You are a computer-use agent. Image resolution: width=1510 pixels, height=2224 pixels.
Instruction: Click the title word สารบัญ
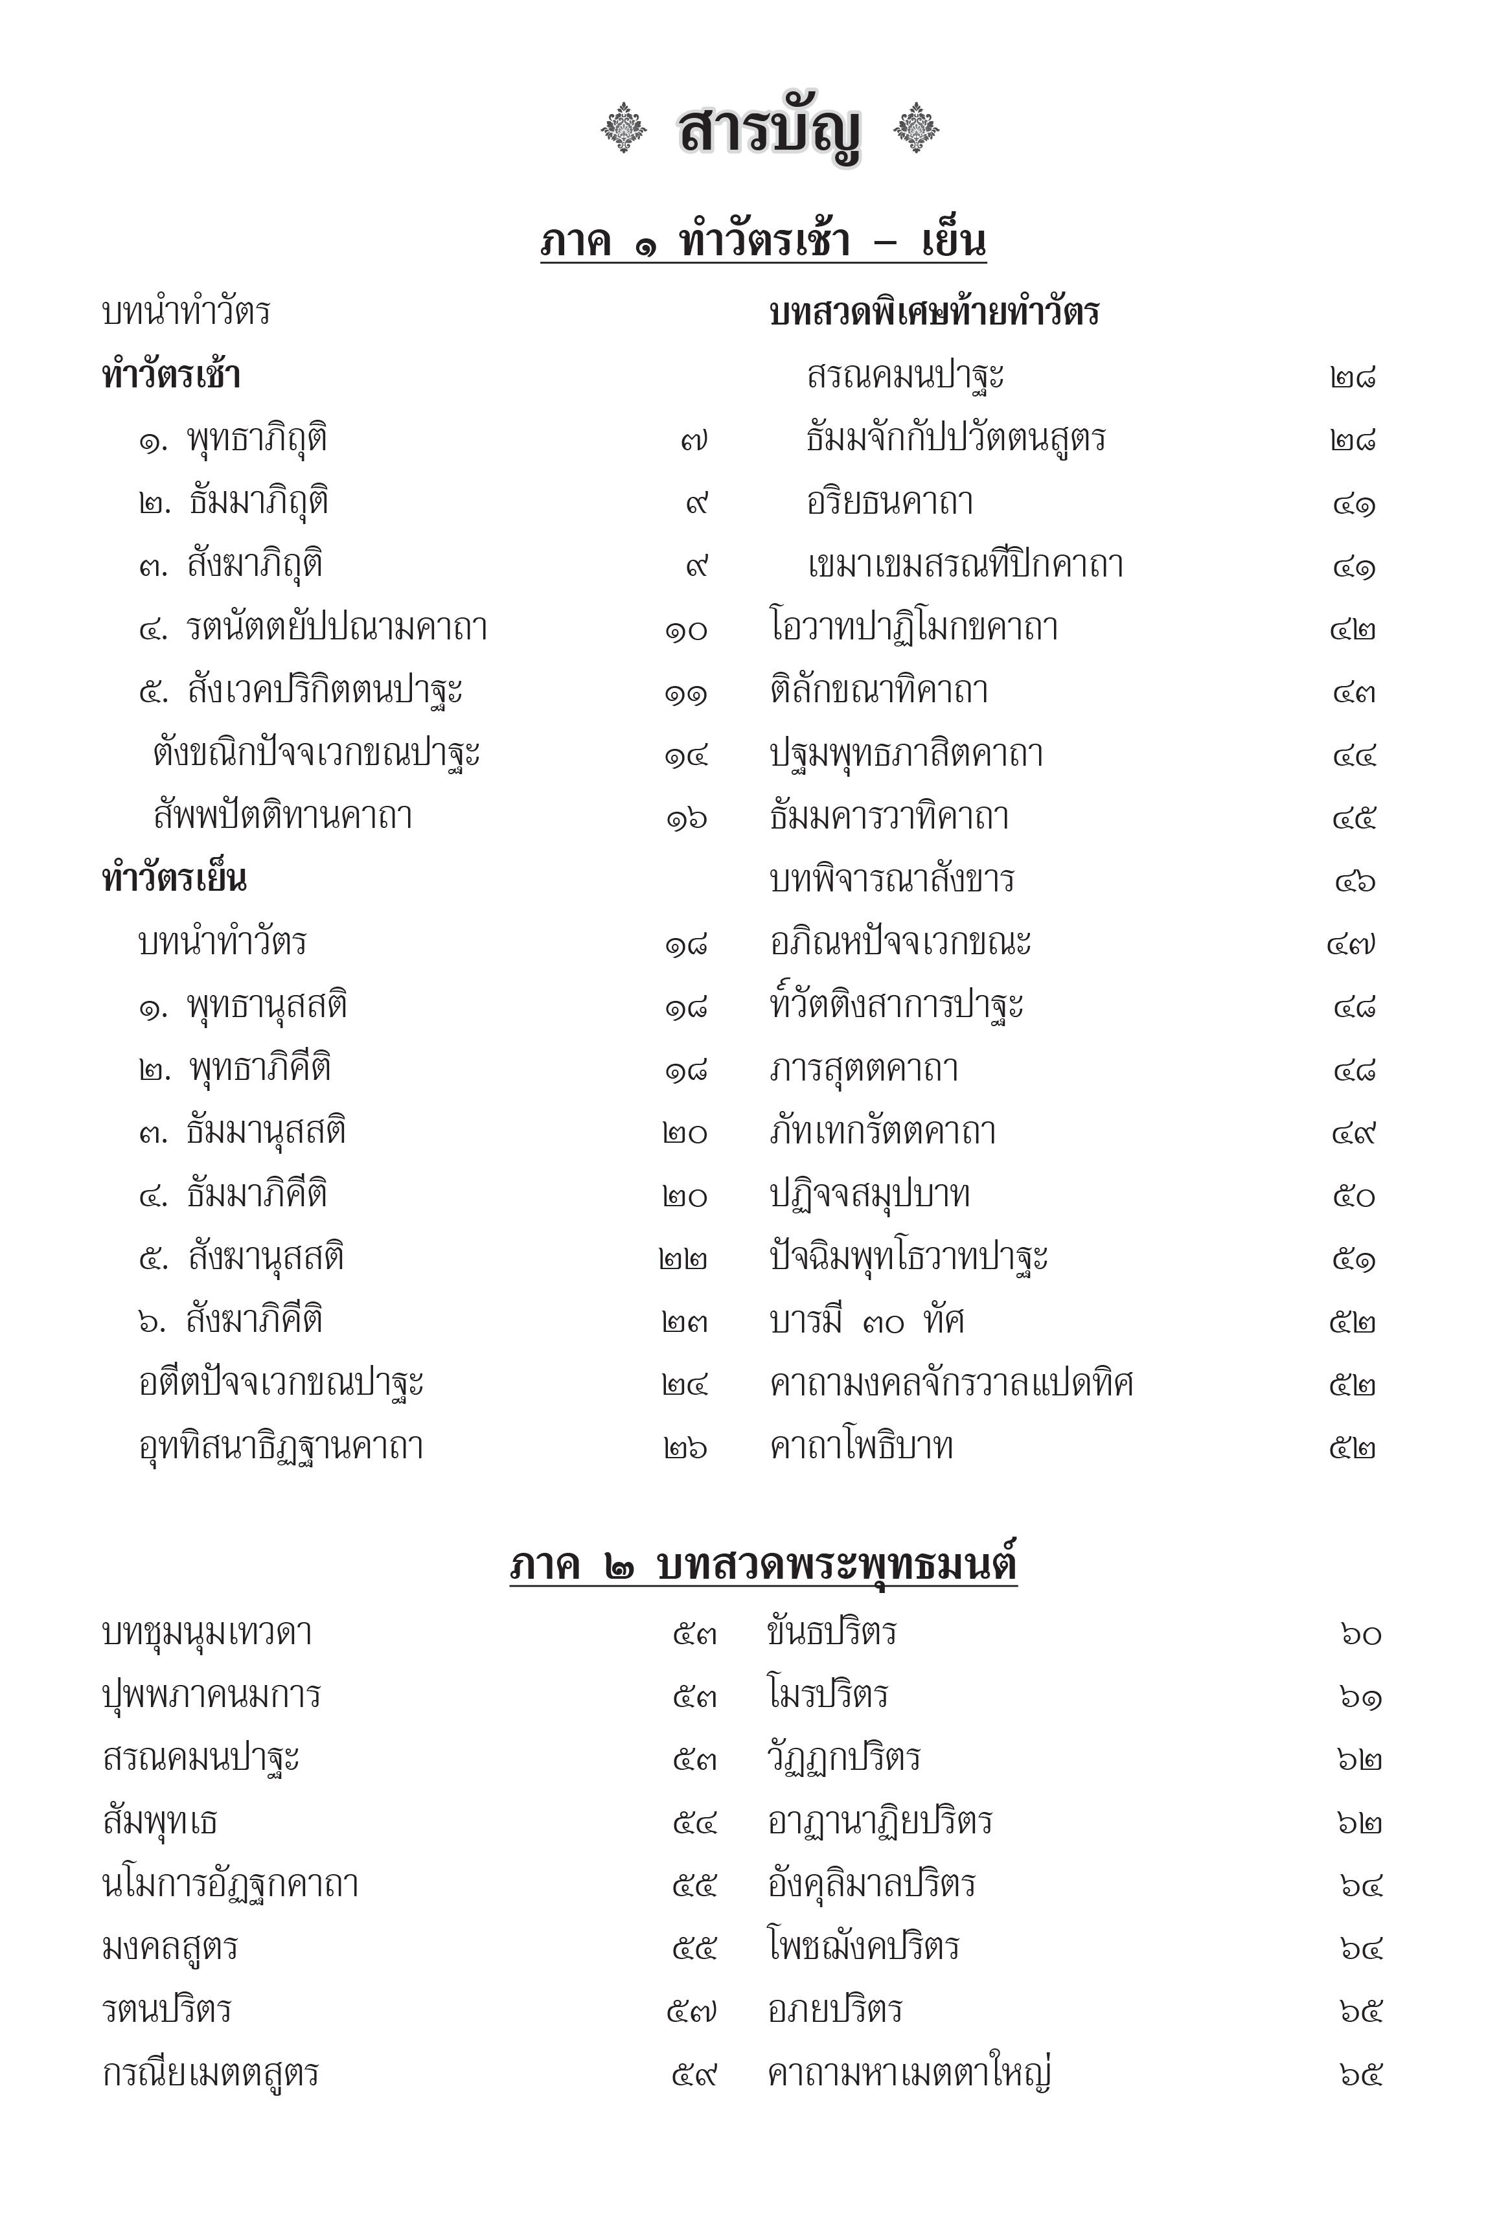[768, 131]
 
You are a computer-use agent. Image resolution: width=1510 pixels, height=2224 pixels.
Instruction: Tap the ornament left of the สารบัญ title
[624, 127]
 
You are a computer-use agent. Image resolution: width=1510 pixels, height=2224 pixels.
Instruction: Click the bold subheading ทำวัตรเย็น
[174, 878]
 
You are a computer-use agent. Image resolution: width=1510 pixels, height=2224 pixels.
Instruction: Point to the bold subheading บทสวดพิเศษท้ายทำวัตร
[934, 312]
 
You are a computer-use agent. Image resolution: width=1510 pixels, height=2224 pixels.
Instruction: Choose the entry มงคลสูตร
[170, 1947]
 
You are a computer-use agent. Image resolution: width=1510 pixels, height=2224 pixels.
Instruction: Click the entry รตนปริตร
[168, 2010]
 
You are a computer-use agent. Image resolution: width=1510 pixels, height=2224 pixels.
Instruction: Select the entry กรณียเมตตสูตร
[211, 2073]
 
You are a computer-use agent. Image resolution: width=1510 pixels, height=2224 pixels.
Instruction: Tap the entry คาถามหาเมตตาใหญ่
[909, 2073]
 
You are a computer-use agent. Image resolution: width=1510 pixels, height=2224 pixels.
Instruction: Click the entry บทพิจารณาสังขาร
[892, 878]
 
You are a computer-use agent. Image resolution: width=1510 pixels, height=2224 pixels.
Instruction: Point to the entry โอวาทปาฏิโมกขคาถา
[914, 628]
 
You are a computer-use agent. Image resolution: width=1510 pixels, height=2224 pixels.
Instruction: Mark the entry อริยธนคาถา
[890, 501]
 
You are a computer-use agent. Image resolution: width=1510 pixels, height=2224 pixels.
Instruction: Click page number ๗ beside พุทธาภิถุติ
[694, 441]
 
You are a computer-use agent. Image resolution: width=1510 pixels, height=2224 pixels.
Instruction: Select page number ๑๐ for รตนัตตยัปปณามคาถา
[686, 630]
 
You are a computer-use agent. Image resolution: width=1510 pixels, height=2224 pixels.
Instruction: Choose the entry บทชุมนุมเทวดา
[207, 1632]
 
